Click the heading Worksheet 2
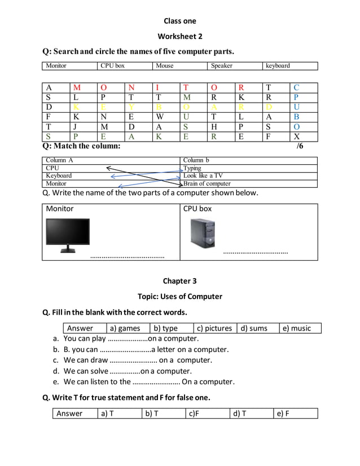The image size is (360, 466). tap(179, 37)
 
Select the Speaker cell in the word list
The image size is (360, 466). tap(221, 66)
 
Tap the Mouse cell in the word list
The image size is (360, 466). tap(165, 66)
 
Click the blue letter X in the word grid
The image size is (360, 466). tap(297, 136)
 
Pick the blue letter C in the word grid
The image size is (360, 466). tap(297, 87)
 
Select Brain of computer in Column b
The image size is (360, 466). tap(207, 183)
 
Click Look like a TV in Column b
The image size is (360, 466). tap(203, 175)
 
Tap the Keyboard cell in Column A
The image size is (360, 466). tap(59, 175)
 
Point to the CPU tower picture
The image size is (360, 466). tap(203, 233)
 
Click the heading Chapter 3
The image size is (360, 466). tap(179, 281)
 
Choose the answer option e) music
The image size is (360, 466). tap(297, 328)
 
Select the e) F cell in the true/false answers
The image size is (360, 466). tap(283, 414)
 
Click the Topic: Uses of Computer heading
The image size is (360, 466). tap(179, 297)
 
